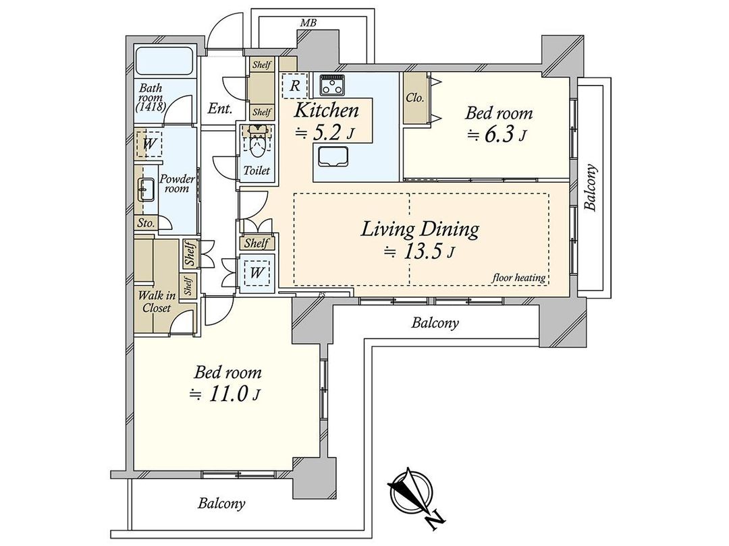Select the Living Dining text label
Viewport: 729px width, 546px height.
420,229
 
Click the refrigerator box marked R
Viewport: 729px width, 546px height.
294,86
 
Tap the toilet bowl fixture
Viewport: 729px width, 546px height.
256,142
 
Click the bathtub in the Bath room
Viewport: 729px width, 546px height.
165,63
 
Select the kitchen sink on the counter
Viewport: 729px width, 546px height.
330,158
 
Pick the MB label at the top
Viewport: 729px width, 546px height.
308,23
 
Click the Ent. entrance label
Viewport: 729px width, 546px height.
220,108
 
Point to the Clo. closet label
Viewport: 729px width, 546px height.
414,97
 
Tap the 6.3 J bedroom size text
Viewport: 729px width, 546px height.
495,135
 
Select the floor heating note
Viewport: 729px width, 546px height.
518,278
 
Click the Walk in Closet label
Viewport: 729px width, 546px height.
155,301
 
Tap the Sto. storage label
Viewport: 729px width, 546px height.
145,222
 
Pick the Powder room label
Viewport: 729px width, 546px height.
177,184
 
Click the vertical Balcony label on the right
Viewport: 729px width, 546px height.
591,188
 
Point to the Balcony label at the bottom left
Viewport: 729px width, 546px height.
221,503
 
